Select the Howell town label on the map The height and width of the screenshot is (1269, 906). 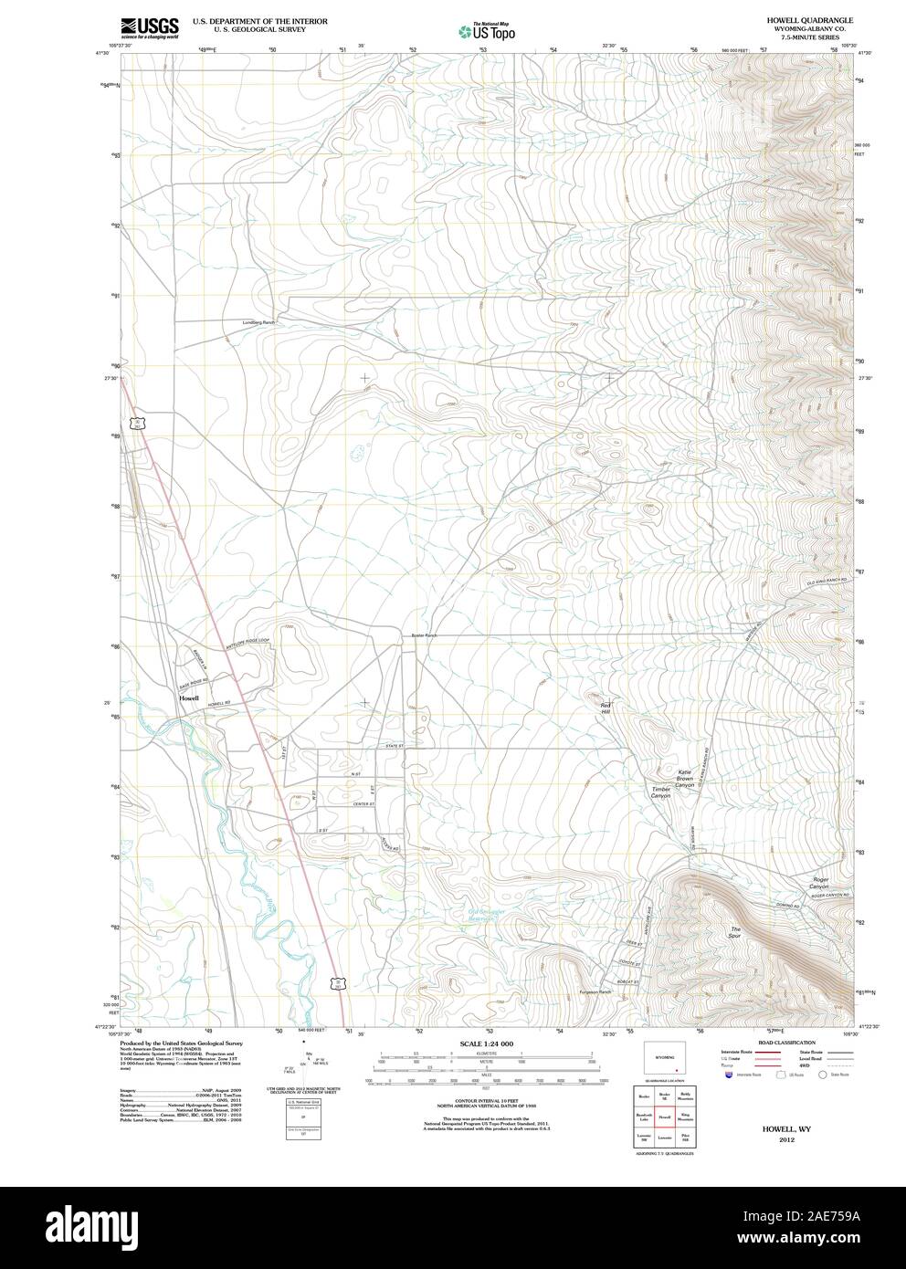point(189,698)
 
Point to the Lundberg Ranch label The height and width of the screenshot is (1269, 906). point(258,322)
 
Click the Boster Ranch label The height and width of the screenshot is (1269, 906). point(424,635)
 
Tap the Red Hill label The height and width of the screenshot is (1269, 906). point(605,708)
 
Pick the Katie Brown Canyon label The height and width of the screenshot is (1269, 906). point(685,778)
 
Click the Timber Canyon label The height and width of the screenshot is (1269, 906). point(660,792)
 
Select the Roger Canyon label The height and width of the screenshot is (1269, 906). point(819,883)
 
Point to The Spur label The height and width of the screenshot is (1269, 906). point(734,933)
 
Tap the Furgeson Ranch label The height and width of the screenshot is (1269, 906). point(595,992)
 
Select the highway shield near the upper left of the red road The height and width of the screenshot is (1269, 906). point(136,423)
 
